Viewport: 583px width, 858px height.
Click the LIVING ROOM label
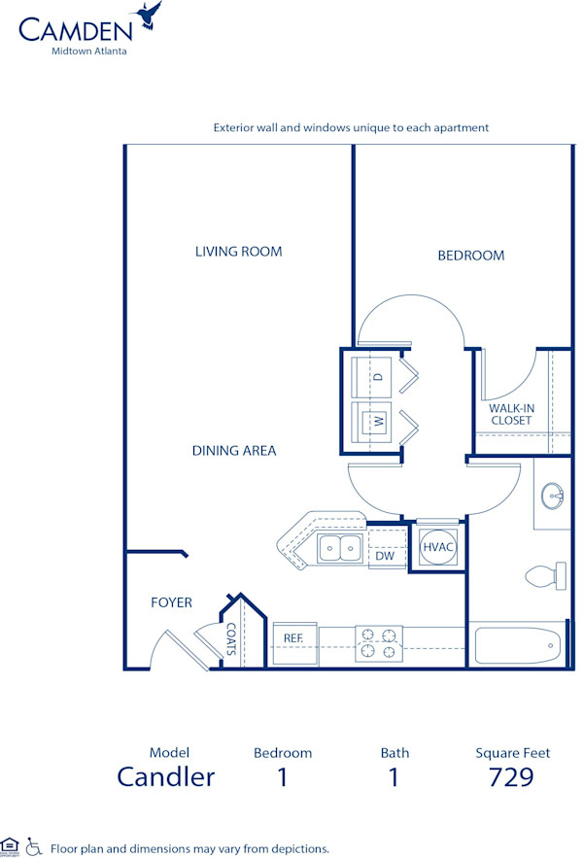(x=238, y=252)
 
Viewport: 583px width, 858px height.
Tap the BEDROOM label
(x=470, y=256)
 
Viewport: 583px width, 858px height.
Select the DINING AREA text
(x=233, y=451)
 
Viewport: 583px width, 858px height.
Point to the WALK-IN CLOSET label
(x=510, y=414)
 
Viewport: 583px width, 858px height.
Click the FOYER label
(x=171, y=602)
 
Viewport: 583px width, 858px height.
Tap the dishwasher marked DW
(x=385, y=556)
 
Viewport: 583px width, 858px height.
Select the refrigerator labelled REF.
(x=293, y=637)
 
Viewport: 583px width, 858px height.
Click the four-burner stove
(x=379, y=644)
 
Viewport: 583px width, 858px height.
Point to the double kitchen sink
(x=340, y=549)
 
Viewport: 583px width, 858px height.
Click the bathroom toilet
(x=545, y=575)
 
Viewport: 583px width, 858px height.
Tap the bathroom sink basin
(x=553, y=496)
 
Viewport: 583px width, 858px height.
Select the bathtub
(x=515, y=644)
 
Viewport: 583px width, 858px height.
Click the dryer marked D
(x=374, y=375)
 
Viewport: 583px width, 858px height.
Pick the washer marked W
(x=374, y=422)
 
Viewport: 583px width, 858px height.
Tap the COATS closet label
(x=231, y=639)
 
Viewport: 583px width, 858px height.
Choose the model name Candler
(x=165, y=777)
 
